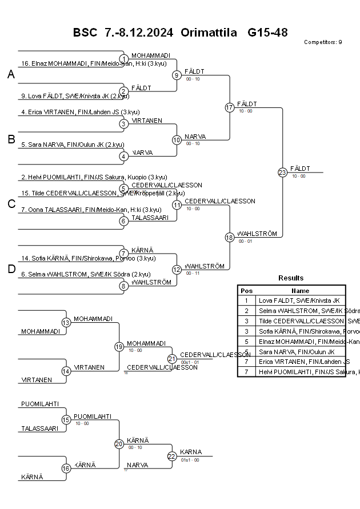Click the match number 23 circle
pos(282,173)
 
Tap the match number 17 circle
pos(230,107)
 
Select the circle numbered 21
pos(172,359)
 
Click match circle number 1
pos(124,59)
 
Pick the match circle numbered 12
pos(177,270)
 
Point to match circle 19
pos(119,347)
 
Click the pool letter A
pos(11,75)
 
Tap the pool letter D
pos(11,270)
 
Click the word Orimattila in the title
pos(209,33)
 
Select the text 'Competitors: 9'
pos(323,42)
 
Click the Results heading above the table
pos(291,278)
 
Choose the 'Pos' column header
pos(246,290)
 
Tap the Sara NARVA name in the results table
pos(299,352)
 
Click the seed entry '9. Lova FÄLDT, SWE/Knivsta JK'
pos(75,96)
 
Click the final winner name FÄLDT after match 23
pos(300,169)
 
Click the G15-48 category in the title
pos(267,33)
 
